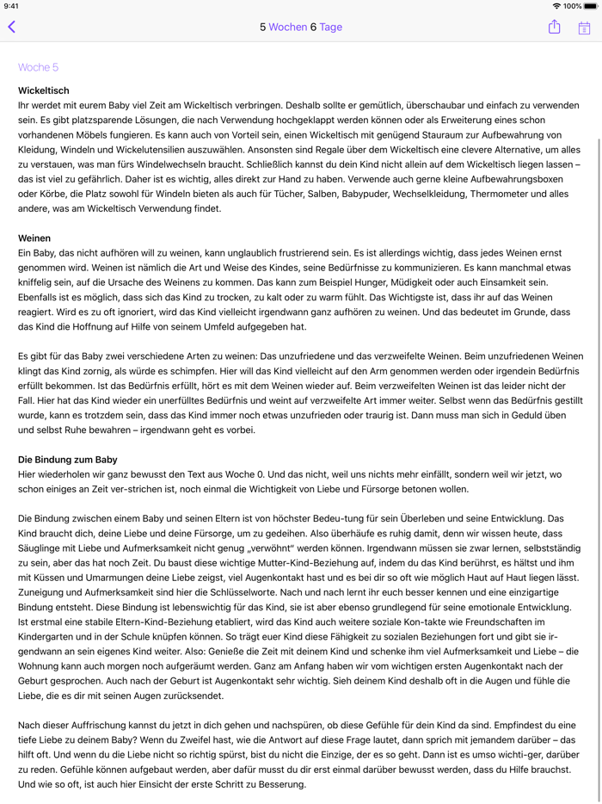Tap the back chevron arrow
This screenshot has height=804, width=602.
(x=12, y=27)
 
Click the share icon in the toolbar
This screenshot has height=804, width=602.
(x=554, y=27)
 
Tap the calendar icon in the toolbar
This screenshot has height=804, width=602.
(x=584, y=28)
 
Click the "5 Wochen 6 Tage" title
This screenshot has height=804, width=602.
(x=301, y=27)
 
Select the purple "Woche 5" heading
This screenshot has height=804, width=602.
(x=38, y=67)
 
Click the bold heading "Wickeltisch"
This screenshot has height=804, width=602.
(x=44, y=90)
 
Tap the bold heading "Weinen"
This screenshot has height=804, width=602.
(x=34, y=238)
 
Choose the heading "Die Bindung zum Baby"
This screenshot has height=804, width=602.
(x=68, y=460)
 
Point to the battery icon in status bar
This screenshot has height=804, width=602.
(x=591, y=6)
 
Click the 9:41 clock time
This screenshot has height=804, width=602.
(x=12, y=6)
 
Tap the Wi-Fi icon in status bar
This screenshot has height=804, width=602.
(x=556, y=6)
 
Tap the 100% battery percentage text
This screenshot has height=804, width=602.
(x=572, y=6)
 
